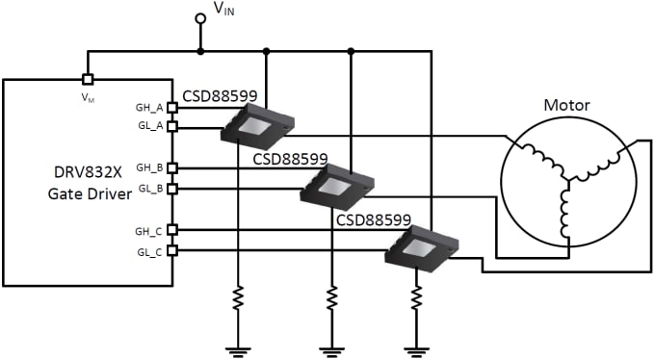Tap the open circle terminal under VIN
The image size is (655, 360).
coord(200,18)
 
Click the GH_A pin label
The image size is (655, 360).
coord(151,109)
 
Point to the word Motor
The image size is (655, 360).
coord(566,105)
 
